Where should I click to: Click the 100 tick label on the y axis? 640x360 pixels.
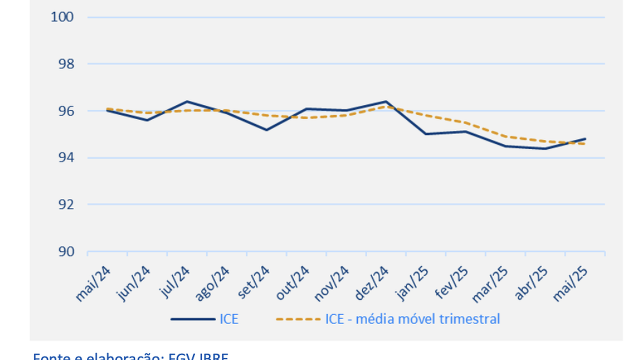point(62,17)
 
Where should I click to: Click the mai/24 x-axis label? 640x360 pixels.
point(93,283)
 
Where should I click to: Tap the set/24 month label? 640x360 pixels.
point(254,282)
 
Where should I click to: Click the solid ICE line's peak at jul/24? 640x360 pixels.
point(187,101)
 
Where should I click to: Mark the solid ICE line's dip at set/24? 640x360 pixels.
point(266,130)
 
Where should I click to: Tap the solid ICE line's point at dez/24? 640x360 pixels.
point(385,101)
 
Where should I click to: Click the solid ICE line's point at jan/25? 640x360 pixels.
point(425,134)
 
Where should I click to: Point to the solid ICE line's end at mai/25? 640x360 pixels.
point(585,138)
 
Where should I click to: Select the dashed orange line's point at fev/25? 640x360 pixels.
point(465,122)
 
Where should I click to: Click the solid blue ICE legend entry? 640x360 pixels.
point(204,318)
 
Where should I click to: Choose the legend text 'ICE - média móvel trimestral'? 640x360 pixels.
point(412,318)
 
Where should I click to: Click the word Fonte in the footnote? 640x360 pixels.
point(49,356)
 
